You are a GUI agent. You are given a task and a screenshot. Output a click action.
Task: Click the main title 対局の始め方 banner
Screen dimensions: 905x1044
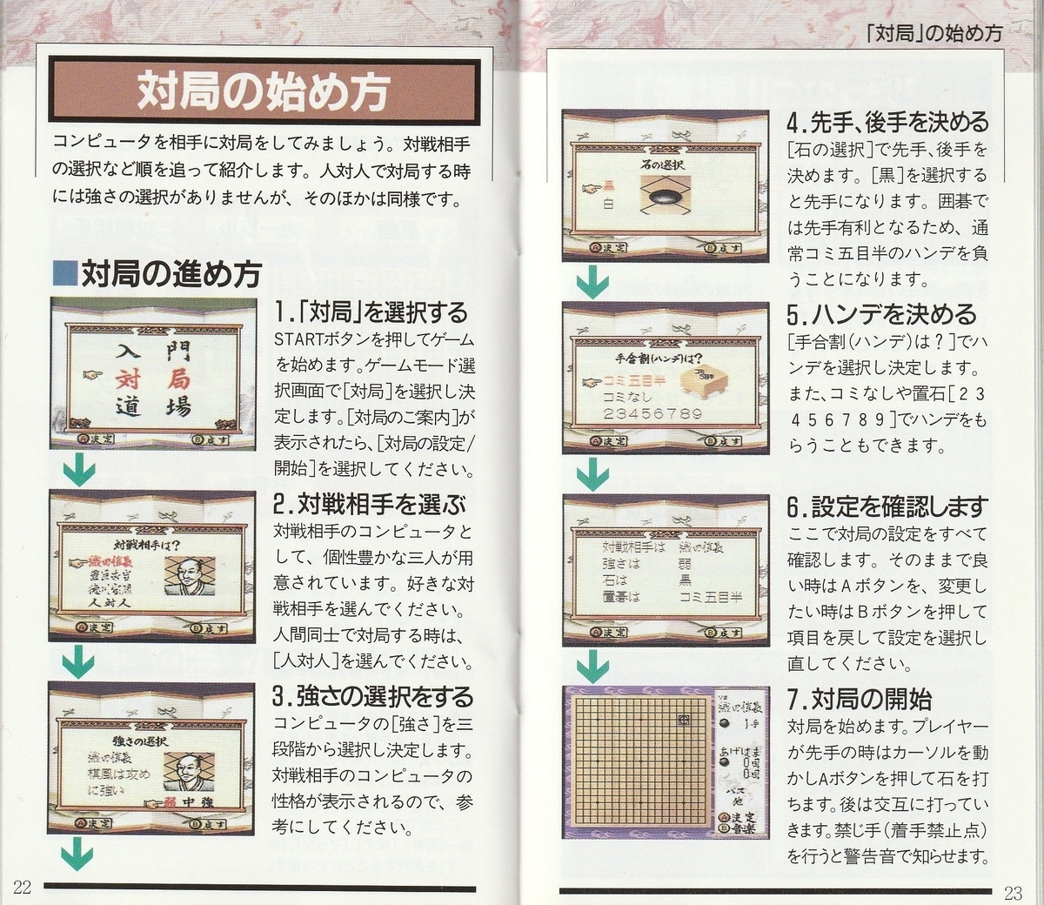pyautogui.click(x=262, y=91)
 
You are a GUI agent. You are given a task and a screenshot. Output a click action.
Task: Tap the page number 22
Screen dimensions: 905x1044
pyautogui.click(x=22, y=888)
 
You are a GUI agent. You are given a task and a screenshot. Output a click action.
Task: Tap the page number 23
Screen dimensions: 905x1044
pyautogui.click(x=1013, y=892)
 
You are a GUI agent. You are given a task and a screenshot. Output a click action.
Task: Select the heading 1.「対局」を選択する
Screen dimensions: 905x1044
pyautogui.click(x=371, y=312)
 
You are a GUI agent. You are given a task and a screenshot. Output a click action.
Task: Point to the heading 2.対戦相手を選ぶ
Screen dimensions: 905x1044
pyautogui.click(x=369, y=504)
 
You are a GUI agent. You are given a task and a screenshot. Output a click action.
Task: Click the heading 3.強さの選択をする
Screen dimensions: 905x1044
pyautogui.click(x=372, y=696)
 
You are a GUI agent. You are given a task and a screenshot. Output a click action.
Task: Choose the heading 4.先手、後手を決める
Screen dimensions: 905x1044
pyautogui.click(x=887, y=122)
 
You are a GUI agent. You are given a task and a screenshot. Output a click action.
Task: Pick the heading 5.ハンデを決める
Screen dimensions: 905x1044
pyautogui.click(x=881, y=313)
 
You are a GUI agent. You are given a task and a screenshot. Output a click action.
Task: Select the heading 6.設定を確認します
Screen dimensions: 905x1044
pyautogui.click(x=887, y=506)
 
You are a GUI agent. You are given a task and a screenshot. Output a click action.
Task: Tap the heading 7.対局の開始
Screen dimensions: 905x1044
pyautogui.click(x=859, y=699)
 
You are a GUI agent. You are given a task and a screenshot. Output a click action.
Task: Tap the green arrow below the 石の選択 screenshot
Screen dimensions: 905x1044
pyautogui.click(x=592, y=281)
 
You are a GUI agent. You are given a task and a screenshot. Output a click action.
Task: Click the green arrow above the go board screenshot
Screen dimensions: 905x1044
pyautogui.click(x=592, y=666)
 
